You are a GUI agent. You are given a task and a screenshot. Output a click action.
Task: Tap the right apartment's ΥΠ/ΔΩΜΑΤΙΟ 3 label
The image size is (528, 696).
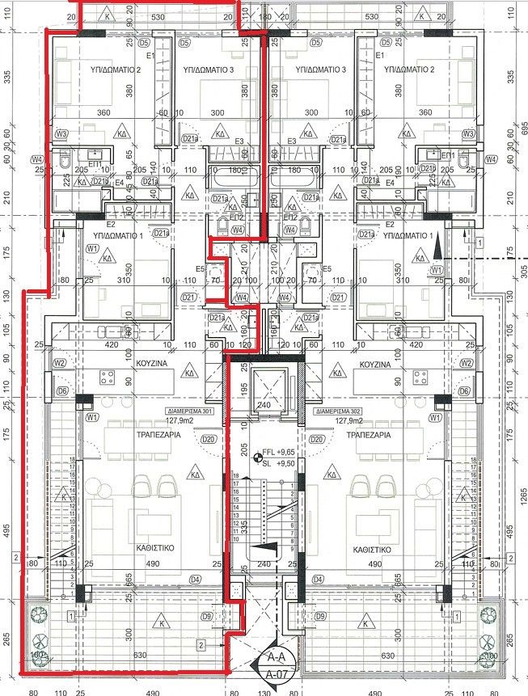[321, 71]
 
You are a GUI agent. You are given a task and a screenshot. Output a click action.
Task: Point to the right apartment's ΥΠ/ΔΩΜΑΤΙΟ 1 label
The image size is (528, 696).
[412, 234]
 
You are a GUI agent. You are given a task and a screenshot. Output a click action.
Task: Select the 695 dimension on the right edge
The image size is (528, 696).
[523, 129]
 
